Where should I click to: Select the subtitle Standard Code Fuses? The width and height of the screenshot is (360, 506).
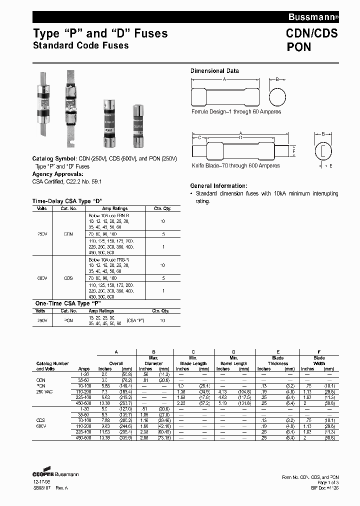80,45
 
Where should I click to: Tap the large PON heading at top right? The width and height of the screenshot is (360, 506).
299,47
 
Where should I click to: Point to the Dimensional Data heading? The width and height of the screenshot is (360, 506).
214,71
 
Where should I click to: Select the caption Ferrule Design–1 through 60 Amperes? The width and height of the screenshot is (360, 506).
236,112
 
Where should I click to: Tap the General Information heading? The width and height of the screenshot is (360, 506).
218,185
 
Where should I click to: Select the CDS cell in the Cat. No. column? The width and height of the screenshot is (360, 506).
68,278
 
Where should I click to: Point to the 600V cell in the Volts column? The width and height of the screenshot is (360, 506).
42,278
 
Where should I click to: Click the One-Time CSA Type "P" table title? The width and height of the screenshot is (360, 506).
62,303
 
